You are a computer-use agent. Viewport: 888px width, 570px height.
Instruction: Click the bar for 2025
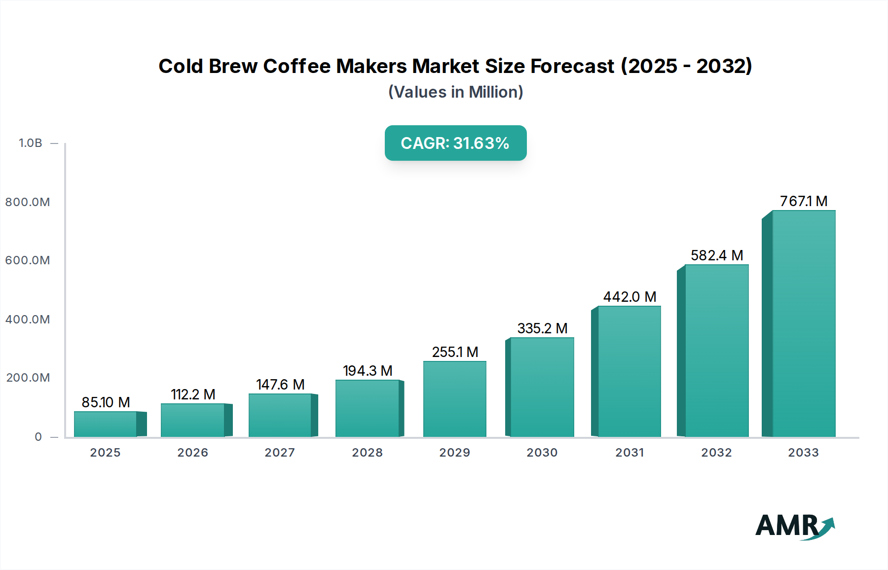pyautogui.click(x=106, y=424)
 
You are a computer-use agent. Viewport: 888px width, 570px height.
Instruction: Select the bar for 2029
pyautogui.click(x=455, y=399)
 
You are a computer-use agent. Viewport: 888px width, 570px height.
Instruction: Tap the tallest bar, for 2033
pyautogui.click(x=804, y=323)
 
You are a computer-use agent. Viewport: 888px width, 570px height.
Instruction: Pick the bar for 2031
pyautogui.click(x=629, y=371)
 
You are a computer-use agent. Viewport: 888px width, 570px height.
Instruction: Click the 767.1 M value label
pyautogui.click(x=804, y=201)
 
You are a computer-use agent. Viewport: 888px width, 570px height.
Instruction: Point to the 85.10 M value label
pyautogui.click(x=106, y=402)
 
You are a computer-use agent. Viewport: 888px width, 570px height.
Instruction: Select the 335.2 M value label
pyautogui.click(x=542, y=328)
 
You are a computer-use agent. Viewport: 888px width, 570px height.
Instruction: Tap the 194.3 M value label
pyautogui.click(x=368, y=371)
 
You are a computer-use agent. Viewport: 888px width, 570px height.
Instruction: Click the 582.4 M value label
pyautogui.click(x=717, y=255)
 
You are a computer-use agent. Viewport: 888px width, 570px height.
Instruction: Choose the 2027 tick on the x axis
pyautogui.click(x=280, y=453)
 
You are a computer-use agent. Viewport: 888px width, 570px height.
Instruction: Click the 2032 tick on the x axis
pyautogui.click(x=716, y=453)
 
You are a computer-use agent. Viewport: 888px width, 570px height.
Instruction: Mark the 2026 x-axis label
pyautogui.click(x=192, y=453)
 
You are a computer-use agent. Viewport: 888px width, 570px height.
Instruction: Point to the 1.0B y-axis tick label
pyautogui.click(x=31, y=143)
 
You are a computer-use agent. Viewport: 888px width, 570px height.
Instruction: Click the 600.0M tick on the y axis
pyautogui.click(x=28, y=260)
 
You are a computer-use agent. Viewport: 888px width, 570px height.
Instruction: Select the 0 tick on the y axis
pyautogui.click(x=38, y=437)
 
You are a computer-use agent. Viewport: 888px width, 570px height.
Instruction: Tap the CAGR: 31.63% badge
pyautogui.click(x=455, y=143)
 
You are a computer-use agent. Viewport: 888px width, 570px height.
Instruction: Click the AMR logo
pyautogui.click(x=794, y=526)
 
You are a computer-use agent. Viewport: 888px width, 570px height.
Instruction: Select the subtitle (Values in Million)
pyautogui.click(x=455, y=92)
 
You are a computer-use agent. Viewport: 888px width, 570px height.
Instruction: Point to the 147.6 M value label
pyautogui.click(x=280, y=385)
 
